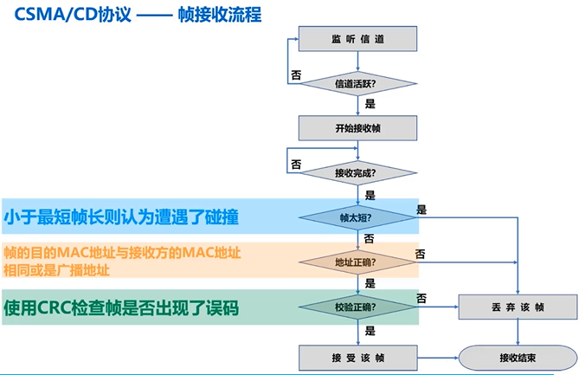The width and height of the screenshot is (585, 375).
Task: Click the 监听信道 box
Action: pyautogui.click(x=359, y=40)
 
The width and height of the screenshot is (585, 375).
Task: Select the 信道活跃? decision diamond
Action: pyautogui.click(x=359, y=84)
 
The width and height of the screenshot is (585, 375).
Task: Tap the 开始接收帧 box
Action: pyautogui.click(x=359, y=127)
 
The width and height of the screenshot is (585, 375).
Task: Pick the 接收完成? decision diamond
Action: pyautogui.click(x=359, y=172)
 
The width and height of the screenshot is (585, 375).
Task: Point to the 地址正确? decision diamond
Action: pyautogui.click(x=359, y=261)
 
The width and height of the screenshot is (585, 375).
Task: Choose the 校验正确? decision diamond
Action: pyautogui.click(x=359, y=306)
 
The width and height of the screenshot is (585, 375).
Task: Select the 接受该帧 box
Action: pyautogui.click(x=359, y=357)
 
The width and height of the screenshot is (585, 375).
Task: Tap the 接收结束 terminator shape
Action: pyautogui.click(x=517, y=357)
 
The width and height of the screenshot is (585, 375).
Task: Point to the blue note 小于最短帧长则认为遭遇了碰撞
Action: pyautogui.click(x=121, y=216)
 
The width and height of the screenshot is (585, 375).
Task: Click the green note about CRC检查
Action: pyautogui.click(x=121, y=307)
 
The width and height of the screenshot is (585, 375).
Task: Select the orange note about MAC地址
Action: pyautogui.click(x=121, y=261)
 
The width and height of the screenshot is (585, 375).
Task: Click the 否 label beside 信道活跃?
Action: pyautogui.click(x=296, y=75)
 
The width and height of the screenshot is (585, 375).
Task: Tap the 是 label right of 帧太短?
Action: pyautogui.click(x=421, y=209)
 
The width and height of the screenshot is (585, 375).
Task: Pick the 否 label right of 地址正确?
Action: pyautogui.click(x=421, y=253)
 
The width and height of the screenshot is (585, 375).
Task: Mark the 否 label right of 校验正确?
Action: pyautogui.click(x=421, y=298)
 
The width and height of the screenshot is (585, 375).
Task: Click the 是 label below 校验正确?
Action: pyautogui.click(x=370, y=330)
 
